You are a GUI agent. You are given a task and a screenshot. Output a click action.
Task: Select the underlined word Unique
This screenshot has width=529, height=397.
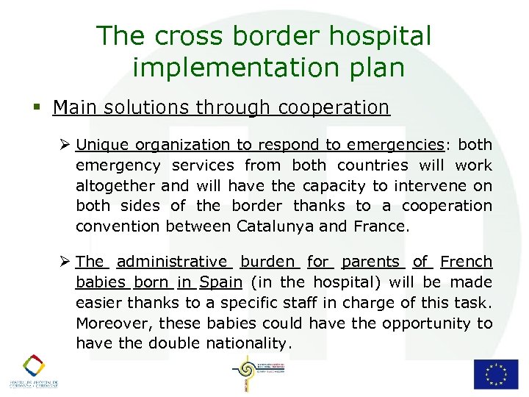tap(101, 145)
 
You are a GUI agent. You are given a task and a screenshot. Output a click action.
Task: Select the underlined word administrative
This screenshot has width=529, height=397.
tap(173, 262)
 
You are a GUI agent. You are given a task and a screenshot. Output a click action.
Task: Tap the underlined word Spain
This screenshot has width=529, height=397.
tap(220, 282)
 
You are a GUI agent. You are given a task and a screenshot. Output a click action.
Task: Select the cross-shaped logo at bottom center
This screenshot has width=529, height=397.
tap(246, 374)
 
